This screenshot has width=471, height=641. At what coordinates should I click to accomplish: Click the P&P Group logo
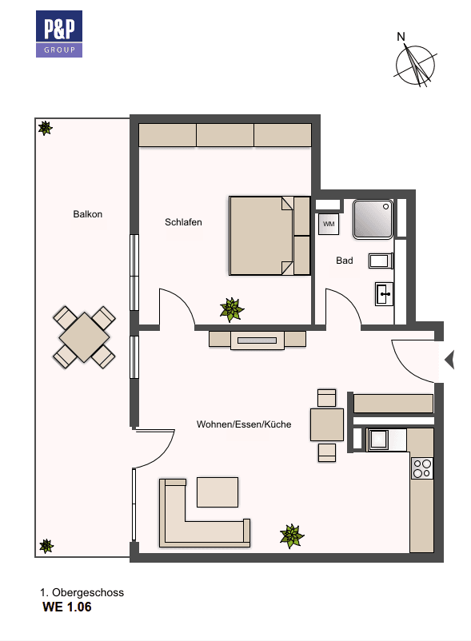[58, 34]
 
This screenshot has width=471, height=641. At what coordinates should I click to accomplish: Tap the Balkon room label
[87, 214]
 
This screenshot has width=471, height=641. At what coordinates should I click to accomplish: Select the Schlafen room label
[183, 222]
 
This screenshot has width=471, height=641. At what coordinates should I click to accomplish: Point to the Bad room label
[344, 261]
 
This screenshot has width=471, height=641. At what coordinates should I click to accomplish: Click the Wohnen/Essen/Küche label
[244, 424]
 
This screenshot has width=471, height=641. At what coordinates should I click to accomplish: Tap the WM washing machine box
[328, 225]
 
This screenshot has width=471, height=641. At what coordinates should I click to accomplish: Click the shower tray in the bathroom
[373, 218]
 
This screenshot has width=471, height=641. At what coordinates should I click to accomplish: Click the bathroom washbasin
[384, 294]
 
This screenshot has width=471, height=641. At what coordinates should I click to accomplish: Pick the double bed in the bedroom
[269, 235]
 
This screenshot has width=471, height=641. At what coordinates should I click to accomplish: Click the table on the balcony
[84, 337]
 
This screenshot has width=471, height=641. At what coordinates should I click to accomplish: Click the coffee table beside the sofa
[217, 492]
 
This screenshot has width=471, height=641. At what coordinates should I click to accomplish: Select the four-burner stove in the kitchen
[421, 468]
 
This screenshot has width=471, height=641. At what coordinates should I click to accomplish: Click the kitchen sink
[386, 440]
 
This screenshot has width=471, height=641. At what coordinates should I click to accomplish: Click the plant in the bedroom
[232, 309]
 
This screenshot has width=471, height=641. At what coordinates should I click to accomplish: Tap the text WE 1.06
[67, 607]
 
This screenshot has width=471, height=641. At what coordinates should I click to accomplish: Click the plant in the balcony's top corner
[46, 127]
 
